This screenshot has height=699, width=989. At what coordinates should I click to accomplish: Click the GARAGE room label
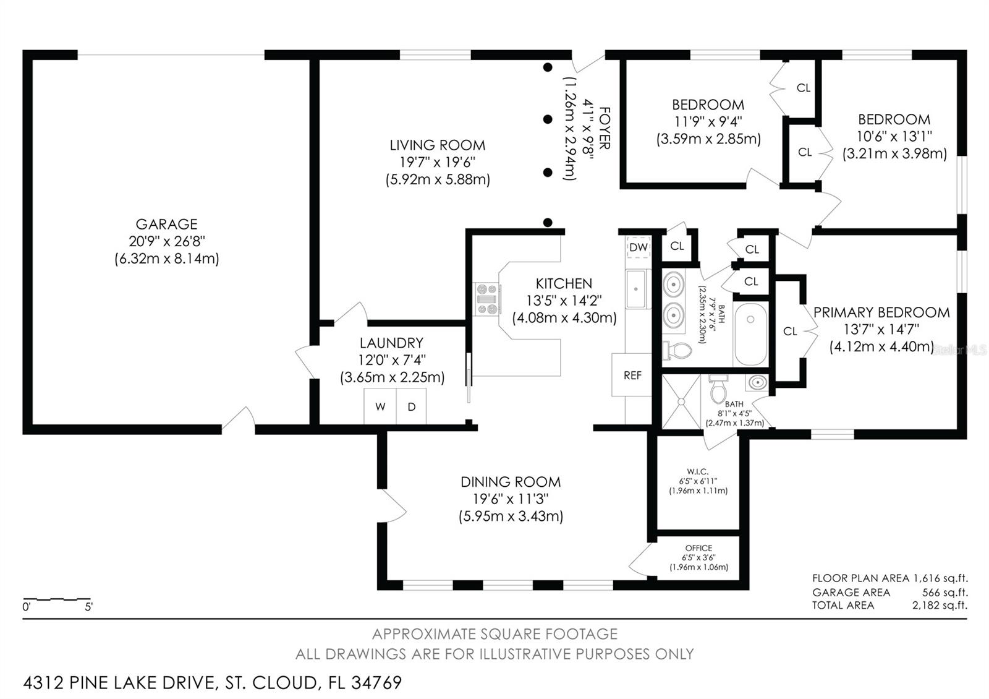(166, 224)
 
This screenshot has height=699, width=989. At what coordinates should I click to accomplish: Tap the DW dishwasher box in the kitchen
(638, 247)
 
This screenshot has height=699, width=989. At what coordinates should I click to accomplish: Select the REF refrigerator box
(632, 375)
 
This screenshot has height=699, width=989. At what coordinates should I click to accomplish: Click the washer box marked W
(380, 406)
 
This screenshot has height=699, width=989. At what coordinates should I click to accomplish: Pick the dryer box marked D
(411, 406)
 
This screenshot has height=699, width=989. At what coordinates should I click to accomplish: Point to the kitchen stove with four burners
(487, 299)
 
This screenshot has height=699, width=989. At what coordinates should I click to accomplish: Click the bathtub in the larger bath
(750, 334)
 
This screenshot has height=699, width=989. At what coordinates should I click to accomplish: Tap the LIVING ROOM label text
(437, 145)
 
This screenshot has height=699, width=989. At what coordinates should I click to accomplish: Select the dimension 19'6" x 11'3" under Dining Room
(511, 499)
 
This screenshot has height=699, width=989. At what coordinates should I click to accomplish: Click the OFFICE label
(698, 548)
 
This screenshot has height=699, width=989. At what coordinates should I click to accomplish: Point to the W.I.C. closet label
(698, 471)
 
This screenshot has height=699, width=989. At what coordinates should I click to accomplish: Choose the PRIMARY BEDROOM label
(881, 312)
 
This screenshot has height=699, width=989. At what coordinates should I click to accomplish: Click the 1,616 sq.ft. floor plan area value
(940, 578)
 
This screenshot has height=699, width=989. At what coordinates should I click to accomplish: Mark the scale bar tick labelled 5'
(89, 607)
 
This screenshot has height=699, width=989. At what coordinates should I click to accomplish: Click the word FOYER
(605, 128)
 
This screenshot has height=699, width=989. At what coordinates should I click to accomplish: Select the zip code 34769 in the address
(376, 682)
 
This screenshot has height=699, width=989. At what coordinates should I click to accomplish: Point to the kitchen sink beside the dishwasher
(637, 289)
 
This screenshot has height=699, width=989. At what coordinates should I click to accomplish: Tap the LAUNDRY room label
(391, 343)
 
